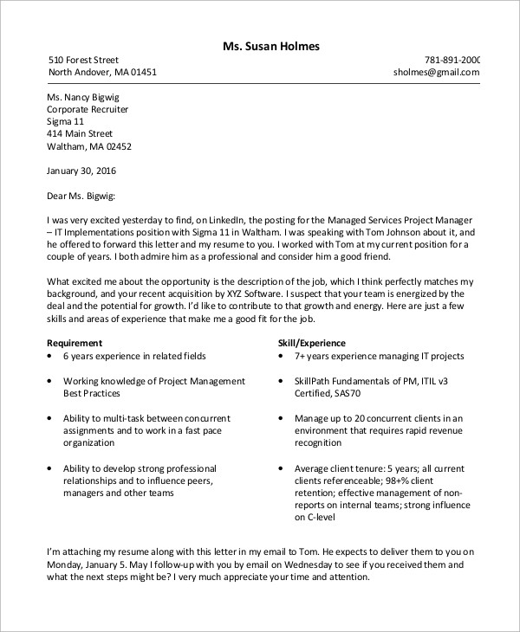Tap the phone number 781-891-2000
click(x=452, y=60)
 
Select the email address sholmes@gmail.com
click(x=436, y=73)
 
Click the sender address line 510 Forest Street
click(x=83, y=60)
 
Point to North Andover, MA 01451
click(x=102, y=73)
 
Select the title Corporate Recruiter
click(x=88, y=110)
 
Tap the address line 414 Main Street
click(x=80, y=134)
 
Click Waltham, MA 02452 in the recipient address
click(x=88, y=146)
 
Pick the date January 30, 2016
click(x=81, y=171)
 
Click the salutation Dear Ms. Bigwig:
click(x=81, y=196)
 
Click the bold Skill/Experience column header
click(x=311, y=343)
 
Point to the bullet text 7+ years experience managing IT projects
click(x=379, y=356)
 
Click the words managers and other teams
click(x=118, y=493)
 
